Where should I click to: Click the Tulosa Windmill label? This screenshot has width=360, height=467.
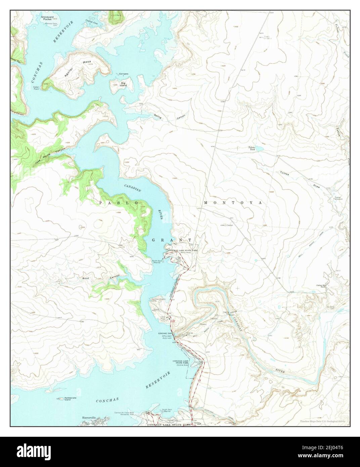338,198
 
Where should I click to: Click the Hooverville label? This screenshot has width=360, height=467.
89,418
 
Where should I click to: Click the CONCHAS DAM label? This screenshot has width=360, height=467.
165,333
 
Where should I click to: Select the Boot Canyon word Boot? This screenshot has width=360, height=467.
85,278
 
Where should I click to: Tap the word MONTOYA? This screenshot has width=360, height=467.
232,203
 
